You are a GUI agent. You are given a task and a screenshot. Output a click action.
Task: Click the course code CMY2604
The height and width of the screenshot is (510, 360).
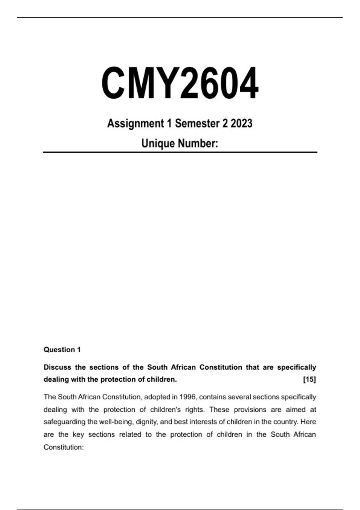click(180, 83)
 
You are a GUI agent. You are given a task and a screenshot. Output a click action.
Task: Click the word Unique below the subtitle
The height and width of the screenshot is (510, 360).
click(157, 143)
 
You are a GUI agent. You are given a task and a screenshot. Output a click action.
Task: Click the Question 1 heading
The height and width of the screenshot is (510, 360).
click(62, 349)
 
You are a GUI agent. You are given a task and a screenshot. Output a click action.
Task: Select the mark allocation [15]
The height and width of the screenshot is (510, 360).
click(309, 379)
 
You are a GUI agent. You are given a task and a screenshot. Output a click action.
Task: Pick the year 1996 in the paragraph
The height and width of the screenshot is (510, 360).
click(187, 397)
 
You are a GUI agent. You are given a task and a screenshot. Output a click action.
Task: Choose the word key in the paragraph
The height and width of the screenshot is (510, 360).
click(78, 435)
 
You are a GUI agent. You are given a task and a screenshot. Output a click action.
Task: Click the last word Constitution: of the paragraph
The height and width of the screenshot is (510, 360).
click(64, 447)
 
